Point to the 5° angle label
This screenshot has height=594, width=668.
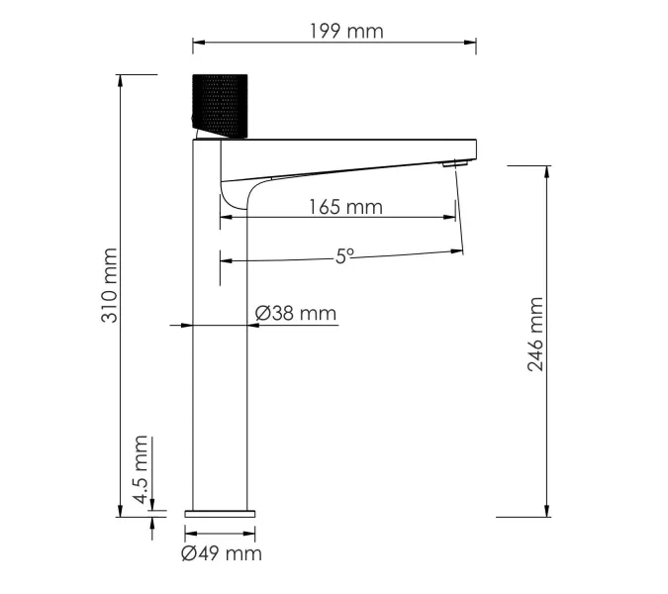tap(343, 255)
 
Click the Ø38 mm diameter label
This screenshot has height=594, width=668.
tap(295, 314)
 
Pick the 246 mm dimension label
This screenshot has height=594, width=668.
tap(535, 334)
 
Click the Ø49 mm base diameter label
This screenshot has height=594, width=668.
tap(221, 553)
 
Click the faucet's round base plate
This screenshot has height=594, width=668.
tap(220, 513)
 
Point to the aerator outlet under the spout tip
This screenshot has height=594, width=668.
tap(453, 163)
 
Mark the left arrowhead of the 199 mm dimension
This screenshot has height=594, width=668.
tap(196, 42)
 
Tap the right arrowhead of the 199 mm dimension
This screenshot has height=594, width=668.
tap(472, 42)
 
